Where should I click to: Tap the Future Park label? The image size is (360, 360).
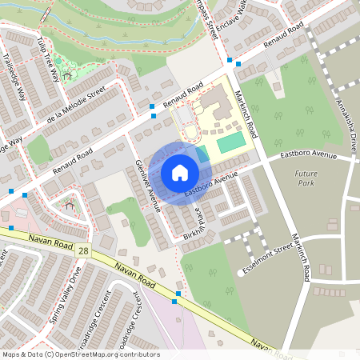[x=305, y=178]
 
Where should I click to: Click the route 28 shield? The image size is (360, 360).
[x=84, y=251]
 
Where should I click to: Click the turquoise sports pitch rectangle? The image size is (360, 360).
[x=230, y=142]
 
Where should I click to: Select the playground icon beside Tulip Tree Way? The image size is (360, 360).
[x=67, y=77]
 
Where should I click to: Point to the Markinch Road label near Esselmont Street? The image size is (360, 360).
[x=300, y=257]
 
